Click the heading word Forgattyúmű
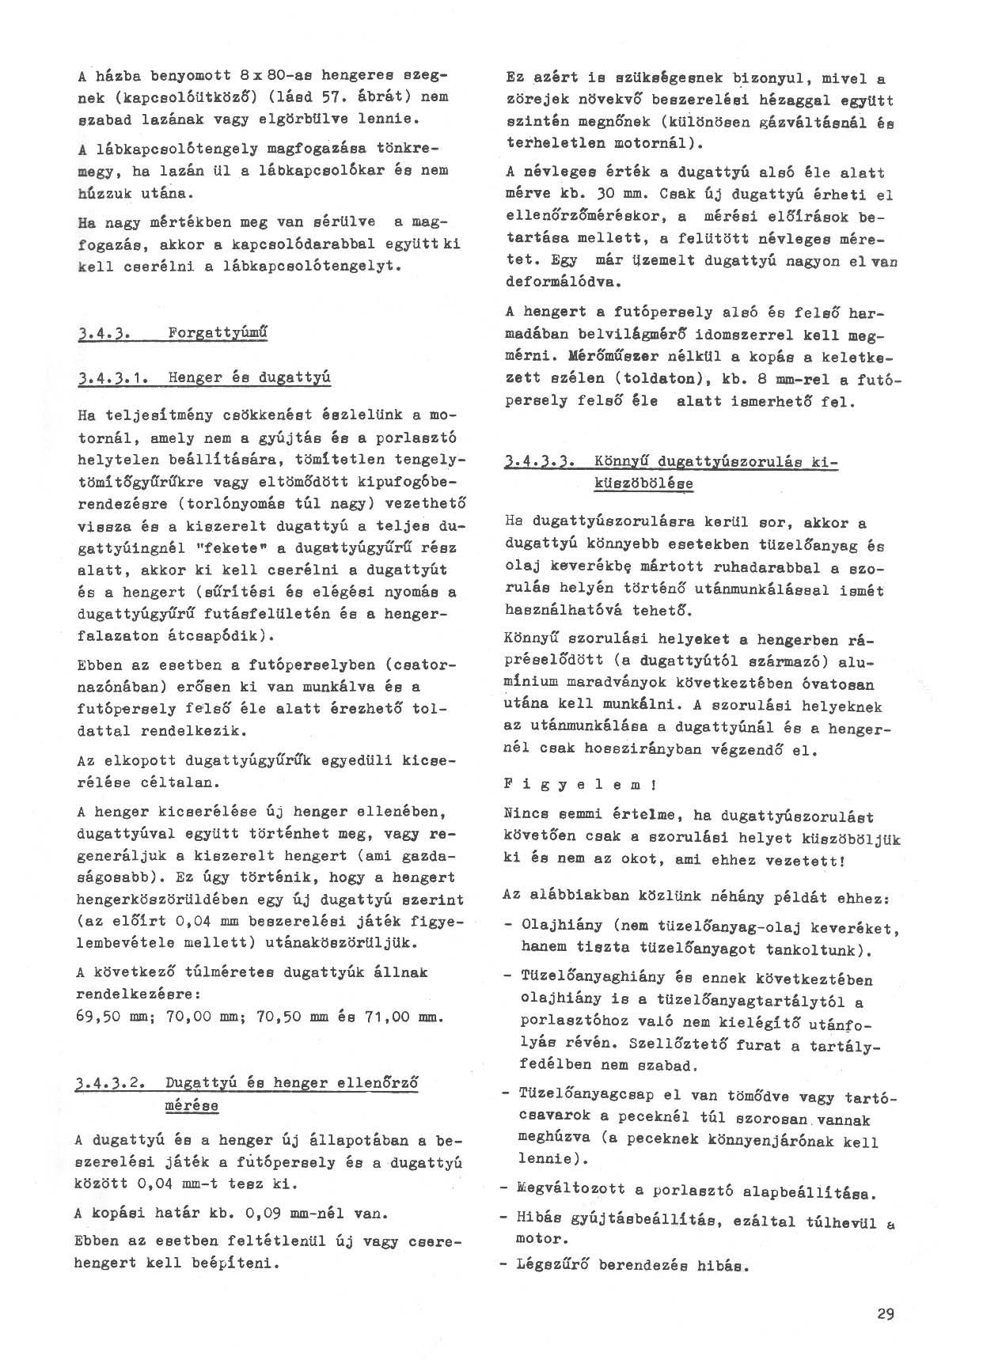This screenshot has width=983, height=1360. tap(218, 334)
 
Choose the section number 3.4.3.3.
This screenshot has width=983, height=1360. tap(539, 461)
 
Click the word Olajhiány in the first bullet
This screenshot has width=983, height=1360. tap(557, 926)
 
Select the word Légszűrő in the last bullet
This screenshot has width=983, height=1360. tap(551, 1265)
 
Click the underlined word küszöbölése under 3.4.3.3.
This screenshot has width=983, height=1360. tap(643, 483)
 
